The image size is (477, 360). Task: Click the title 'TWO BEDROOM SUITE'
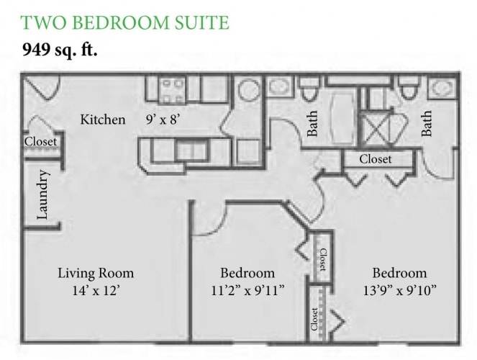[x=126, y=22]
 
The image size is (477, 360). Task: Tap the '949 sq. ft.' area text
[x=61, y=50]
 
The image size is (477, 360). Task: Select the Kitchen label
[x=102, y=120]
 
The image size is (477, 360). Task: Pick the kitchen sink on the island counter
[x=191, y=150]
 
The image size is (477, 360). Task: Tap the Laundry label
[x=42, y=194]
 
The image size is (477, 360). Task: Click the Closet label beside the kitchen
[x=40, y=142]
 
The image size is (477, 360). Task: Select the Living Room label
[x=96, y=274]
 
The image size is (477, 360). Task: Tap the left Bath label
[x=313, y=123]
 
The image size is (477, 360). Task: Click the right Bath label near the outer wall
[x=427, y=123]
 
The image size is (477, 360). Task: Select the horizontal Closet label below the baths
[x=375, y=158]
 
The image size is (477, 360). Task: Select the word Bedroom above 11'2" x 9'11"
[x=247, y=274]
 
